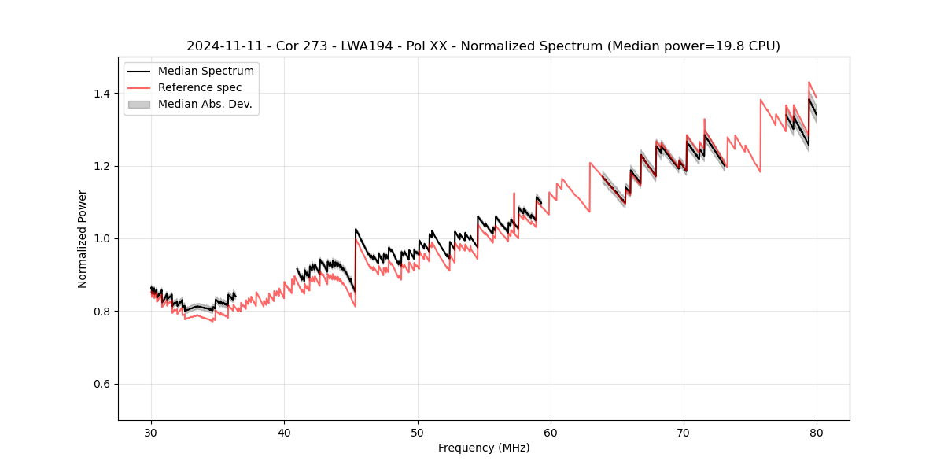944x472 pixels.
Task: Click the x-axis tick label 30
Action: coord(152,433)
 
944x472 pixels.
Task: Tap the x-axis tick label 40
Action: coord(285,433)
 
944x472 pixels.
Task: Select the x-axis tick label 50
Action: coord(418,433)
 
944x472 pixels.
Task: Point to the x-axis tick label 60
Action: coord(551,433)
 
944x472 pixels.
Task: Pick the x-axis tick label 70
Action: coord(684,433)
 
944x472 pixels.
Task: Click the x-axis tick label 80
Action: coord(817,433)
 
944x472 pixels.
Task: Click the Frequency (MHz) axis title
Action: coord(484,448)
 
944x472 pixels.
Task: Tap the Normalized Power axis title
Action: coord(83,238)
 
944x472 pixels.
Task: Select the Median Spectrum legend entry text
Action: coord(206,72)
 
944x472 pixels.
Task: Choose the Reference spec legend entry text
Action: coord(200,87)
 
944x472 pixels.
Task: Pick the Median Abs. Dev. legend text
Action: coord(205,104)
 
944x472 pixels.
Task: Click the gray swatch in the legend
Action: coord(139,104)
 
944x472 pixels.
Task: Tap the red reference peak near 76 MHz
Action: coord(761,100)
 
